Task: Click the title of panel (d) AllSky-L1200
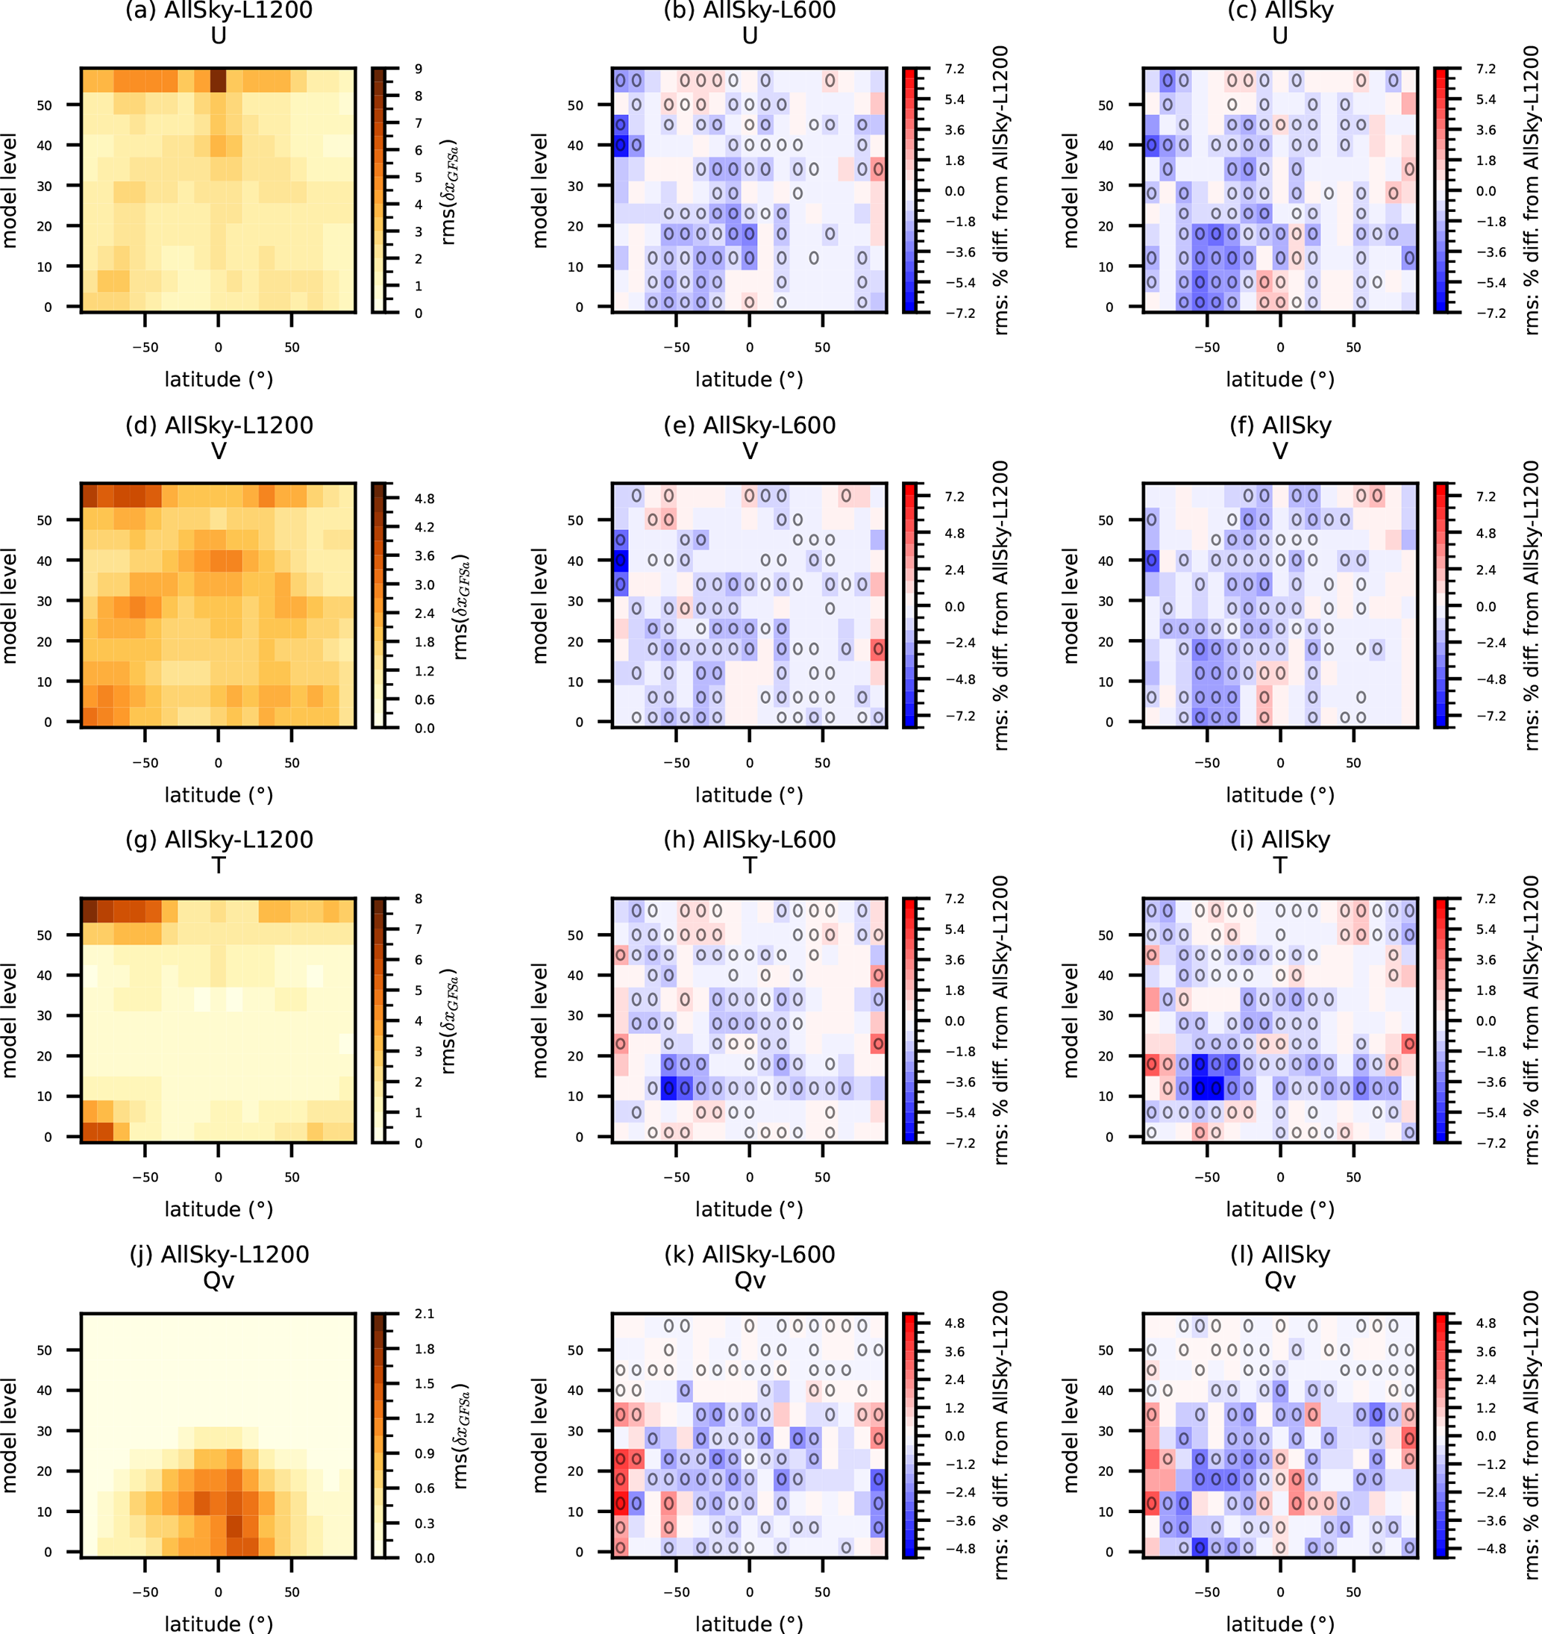pos(219,425)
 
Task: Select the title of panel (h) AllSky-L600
pos(749,840)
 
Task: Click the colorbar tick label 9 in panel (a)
pos(419,69)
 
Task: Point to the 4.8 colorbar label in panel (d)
pos(424,499)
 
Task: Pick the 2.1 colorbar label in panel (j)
pos(424,1314)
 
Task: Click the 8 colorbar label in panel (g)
pos(419,899)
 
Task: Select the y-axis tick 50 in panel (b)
pos(575,105)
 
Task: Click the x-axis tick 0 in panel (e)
pos(749,762)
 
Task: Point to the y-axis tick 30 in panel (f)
pos(1106,601)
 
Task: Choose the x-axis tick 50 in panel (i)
pos(1353,1176)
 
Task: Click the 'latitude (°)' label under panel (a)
pos(219,379)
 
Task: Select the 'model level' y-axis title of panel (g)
pos(10,1020)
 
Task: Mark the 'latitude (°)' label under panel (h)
pos(749,1209)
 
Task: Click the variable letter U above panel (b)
pos(749,36)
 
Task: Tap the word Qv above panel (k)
pos(749,1280)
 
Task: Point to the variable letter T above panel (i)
pos(1280,865)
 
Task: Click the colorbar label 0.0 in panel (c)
pos(1486,192)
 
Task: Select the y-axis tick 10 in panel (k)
pos(575,1512)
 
